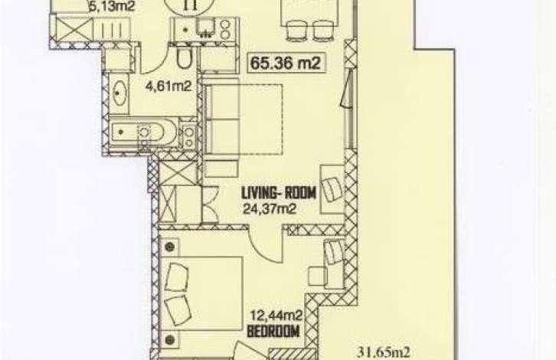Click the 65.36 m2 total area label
(x=286, y=63)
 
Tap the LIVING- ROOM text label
(x=279, y=194)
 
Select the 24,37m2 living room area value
(x=270, y=209)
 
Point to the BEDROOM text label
(x=273, y=332)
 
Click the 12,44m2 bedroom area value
(x=276, y=315)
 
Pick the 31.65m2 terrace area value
(x=384, y=352)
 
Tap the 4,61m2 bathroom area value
(x=169, y=86)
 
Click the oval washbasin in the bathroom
(x=119, y=92)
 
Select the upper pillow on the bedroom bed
(x=178, y=278)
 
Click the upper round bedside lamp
(x=171, y=246)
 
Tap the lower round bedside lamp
(x=171, y=340)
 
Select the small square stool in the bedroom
(x=317, y=277)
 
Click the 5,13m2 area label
(x=112, y=6)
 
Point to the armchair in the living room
(x=332, y=189)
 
